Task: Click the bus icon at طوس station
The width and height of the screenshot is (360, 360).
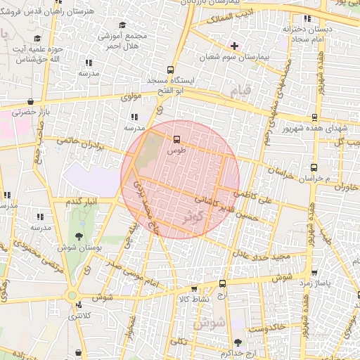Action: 176,139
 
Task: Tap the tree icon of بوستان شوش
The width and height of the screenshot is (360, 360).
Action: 78,236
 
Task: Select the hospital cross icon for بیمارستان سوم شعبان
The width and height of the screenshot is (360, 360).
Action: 234,46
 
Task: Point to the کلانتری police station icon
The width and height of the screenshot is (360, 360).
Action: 79,305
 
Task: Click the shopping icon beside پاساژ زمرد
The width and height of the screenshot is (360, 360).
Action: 314,273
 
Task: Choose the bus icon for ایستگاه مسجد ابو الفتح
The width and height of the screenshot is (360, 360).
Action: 169,70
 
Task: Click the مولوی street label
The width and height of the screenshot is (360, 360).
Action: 131,97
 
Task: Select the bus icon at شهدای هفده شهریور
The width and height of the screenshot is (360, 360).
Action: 314,117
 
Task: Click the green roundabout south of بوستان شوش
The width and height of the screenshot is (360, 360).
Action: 72,295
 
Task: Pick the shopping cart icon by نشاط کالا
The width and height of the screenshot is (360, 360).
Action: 195,289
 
